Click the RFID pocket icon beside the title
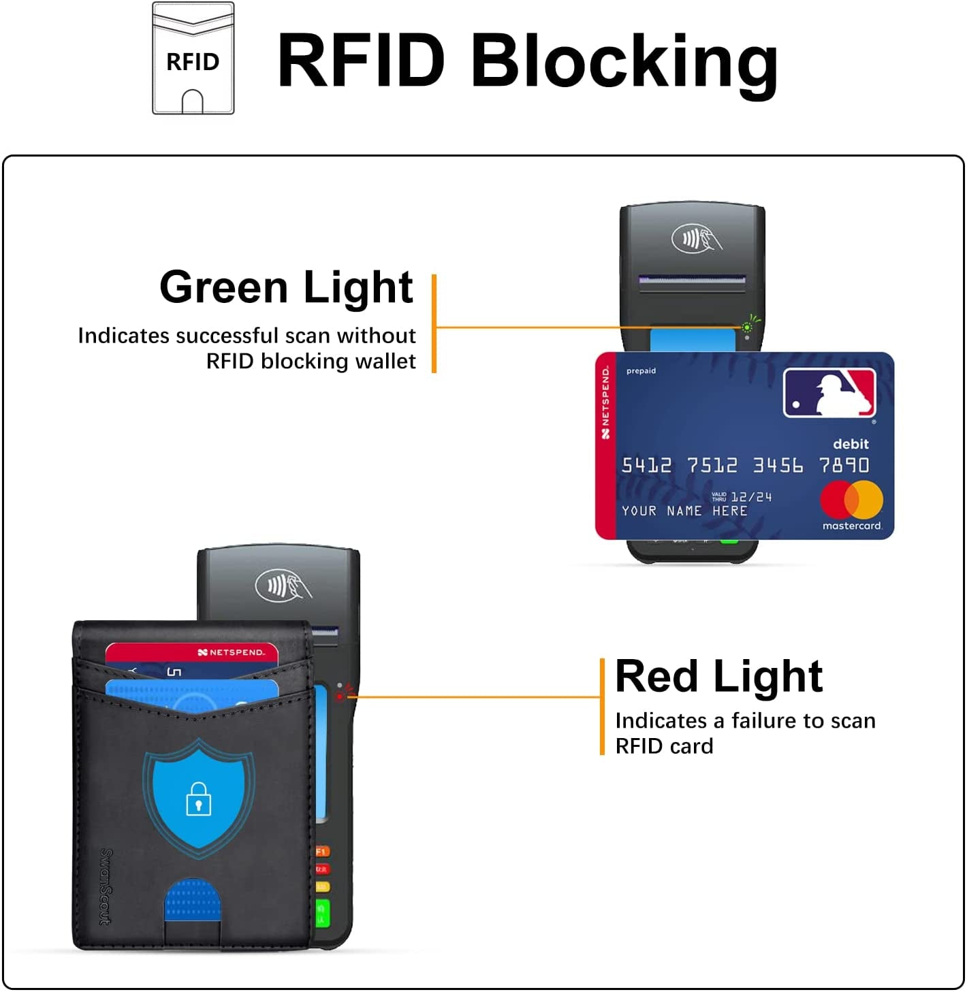[193, 59]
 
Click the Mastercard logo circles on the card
[851, 500]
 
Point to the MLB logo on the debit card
[829, 393]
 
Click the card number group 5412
[646, 466]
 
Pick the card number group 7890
[844, 466]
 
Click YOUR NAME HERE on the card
[684, 511]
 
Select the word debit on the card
[851, 445]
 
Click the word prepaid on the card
[641, 371]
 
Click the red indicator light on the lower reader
[340, 697]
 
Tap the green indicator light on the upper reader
[747, 327]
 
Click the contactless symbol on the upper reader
[696, 239]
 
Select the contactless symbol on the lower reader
[283, 586]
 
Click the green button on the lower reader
[323, 912]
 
